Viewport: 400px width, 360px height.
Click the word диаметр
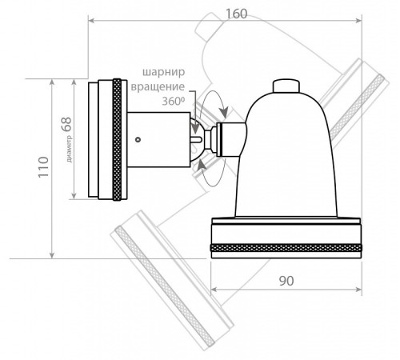click(x=70, y=146)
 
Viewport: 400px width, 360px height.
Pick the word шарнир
click(x=165, y=71)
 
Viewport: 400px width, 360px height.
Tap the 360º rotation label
click(x=174, y=102)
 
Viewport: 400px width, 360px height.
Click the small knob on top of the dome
click(x=288, y=85)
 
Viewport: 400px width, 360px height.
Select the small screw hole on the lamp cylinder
click(x=138, y=139)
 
